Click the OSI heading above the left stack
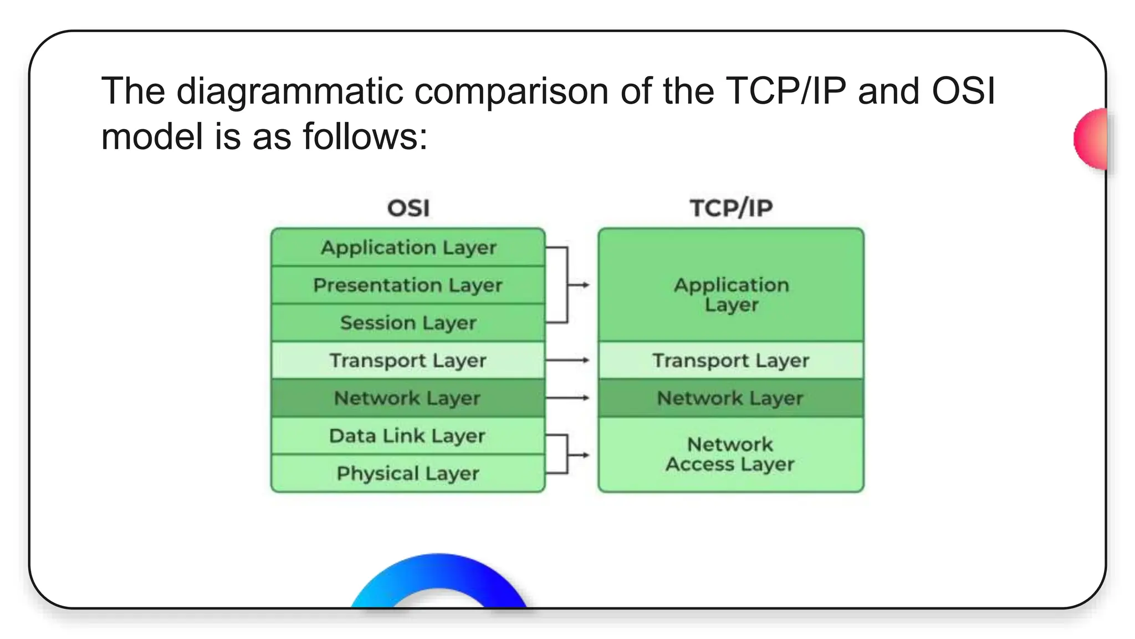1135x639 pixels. (x=408, y=209)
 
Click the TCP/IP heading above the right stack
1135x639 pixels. (x=731, y=209)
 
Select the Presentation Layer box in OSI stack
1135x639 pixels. (x=408, y=285)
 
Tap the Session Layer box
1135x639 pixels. (x=408, y=323)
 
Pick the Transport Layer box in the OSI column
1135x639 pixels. (x=408, y=361)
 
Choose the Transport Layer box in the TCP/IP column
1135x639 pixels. (x=730, y=361)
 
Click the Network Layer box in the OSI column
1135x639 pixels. (x=408, y=398)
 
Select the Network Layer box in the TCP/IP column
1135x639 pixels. (x=730, y=398)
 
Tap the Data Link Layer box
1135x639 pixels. (x=408, y=436)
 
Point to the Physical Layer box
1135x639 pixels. (x=408, y=474)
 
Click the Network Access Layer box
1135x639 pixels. (x=730, y=454)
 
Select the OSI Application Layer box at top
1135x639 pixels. (x=408, y=247)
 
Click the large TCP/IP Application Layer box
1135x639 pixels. (x=730, y=294)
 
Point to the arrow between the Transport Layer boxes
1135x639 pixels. (x=567, y=360)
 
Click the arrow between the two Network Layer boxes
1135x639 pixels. (x=567, y=398)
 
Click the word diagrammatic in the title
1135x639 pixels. (x=289, y=92)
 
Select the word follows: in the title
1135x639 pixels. (x=365, y=137)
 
